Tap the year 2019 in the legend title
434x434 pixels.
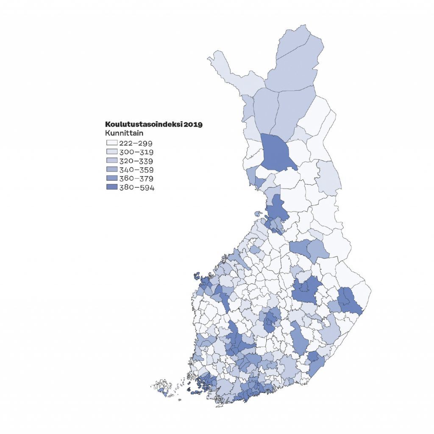point(193,125)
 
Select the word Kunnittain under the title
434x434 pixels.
point(123,134)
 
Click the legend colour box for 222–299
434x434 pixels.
point(112,143)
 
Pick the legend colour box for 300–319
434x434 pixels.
point(112,152)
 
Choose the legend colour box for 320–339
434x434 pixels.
point(112,161)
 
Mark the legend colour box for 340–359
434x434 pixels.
point(112,170)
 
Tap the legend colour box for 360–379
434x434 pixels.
point(112,179)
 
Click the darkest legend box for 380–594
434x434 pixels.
point(112,188)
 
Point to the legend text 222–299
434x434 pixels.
point(136,143)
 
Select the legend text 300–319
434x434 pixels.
point(136,152)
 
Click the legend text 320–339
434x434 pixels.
point(136,161)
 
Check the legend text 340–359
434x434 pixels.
point(136,170)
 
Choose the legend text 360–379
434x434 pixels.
point(136,179)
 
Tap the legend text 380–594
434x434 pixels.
point(136,188)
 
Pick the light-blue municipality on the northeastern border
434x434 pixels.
point(328,176)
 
